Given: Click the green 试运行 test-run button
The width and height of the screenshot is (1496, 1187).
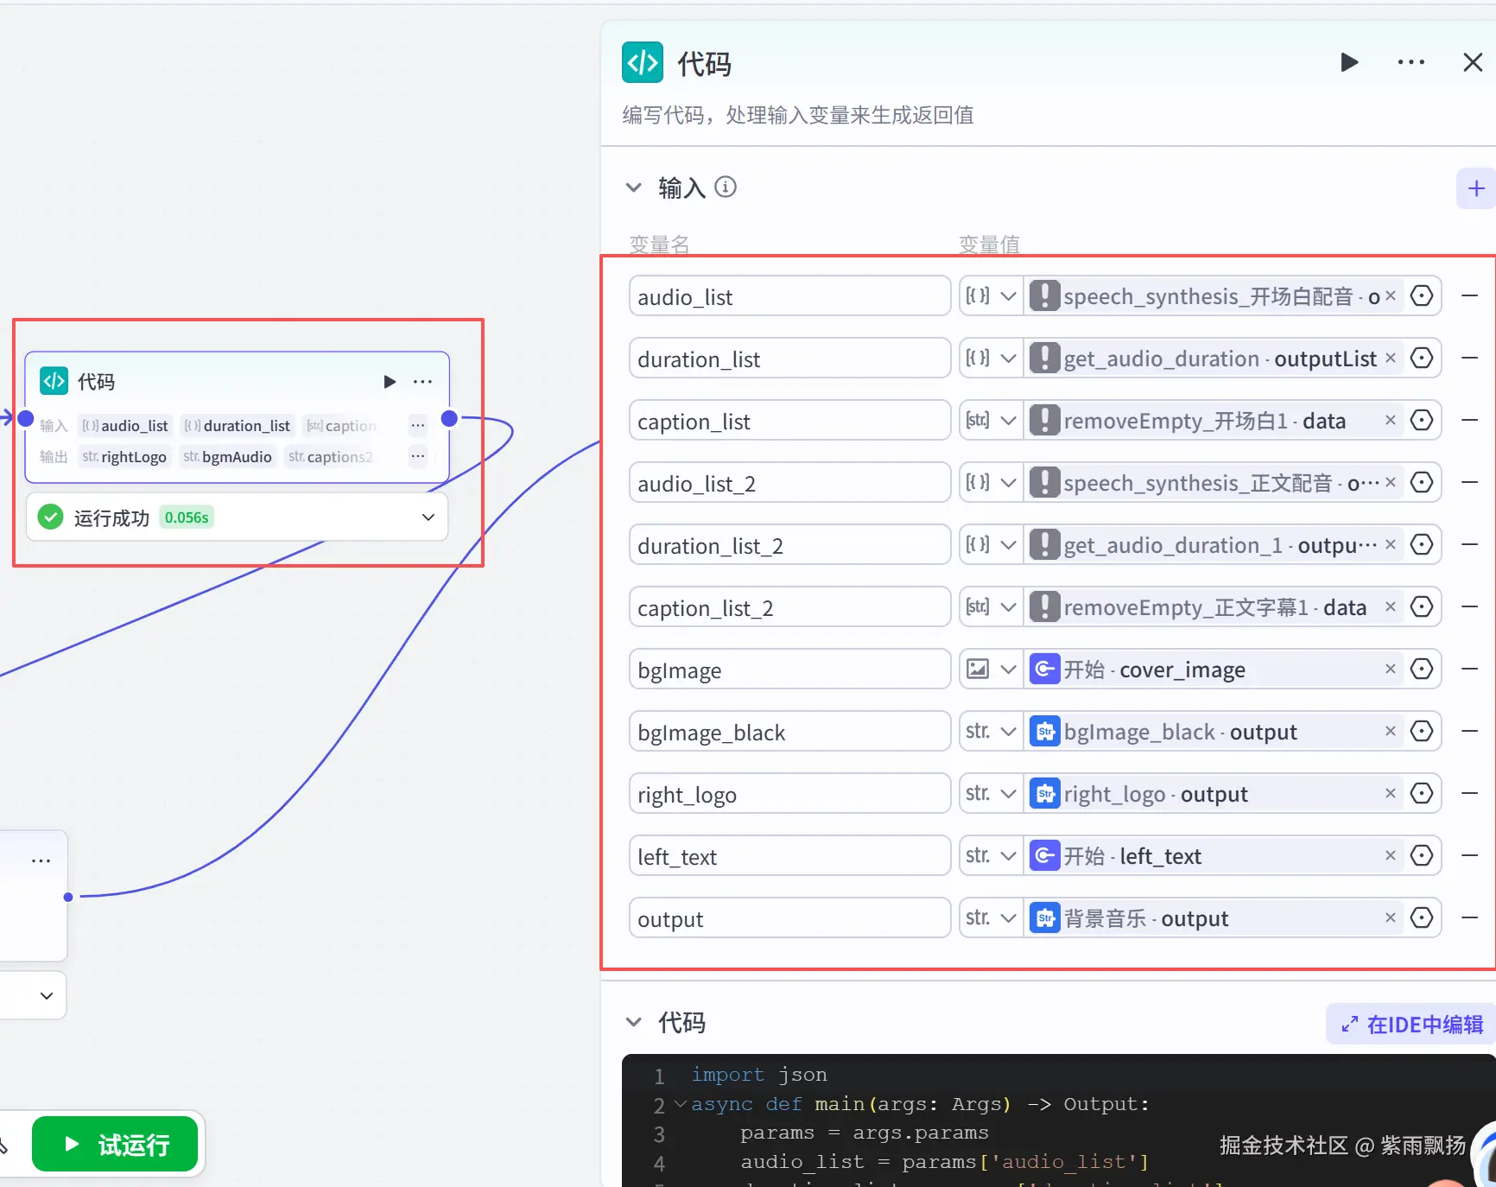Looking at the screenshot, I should click(115, 1145).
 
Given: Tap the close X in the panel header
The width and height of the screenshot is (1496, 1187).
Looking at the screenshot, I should click(1473, 62).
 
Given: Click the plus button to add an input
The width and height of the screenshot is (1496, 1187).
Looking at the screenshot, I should click(1475, 188).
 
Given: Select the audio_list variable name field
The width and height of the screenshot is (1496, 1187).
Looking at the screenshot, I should click(789, 296).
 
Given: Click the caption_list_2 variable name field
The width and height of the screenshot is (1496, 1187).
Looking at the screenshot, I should click(789, 607).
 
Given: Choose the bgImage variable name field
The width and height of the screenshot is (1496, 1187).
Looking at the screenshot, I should click(789, 670).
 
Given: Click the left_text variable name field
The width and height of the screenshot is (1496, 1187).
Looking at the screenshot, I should click(789, 856).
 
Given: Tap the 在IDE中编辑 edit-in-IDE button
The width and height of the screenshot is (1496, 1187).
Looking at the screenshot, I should click(1411, 1025).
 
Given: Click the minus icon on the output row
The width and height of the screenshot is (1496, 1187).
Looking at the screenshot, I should click(1469, 917).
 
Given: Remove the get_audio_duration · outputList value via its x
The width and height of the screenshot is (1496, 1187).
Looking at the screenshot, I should click(1390, 358).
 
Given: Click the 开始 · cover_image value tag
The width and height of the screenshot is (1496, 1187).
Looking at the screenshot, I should click(1154, 670).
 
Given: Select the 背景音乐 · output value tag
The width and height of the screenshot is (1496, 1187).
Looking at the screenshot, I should click(1145, 918).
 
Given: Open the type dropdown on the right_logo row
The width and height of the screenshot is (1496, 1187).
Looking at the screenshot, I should click(991, 794).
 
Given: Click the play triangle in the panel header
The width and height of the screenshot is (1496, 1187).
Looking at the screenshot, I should click(1349, 62).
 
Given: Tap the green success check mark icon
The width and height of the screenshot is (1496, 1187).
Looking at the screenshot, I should click(51, 517).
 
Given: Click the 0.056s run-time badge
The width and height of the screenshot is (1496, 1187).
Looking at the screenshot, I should click(187, 517).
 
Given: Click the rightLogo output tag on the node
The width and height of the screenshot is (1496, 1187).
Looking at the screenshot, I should click(124, 457).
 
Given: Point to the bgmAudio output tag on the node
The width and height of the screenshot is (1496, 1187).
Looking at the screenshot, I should click(228, 457).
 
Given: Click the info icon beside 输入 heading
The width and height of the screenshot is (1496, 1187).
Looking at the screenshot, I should click(726, 187).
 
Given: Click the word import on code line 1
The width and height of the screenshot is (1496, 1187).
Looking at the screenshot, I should click(727, 1075).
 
